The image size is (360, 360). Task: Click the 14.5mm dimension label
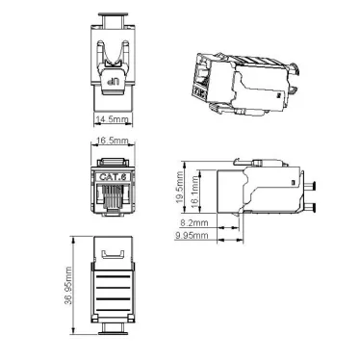[112, 119]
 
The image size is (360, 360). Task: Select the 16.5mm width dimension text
[112, 142]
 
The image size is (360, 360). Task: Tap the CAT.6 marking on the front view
[112, 177]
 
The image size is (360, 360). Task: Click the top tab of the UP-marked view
[112, 19]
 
